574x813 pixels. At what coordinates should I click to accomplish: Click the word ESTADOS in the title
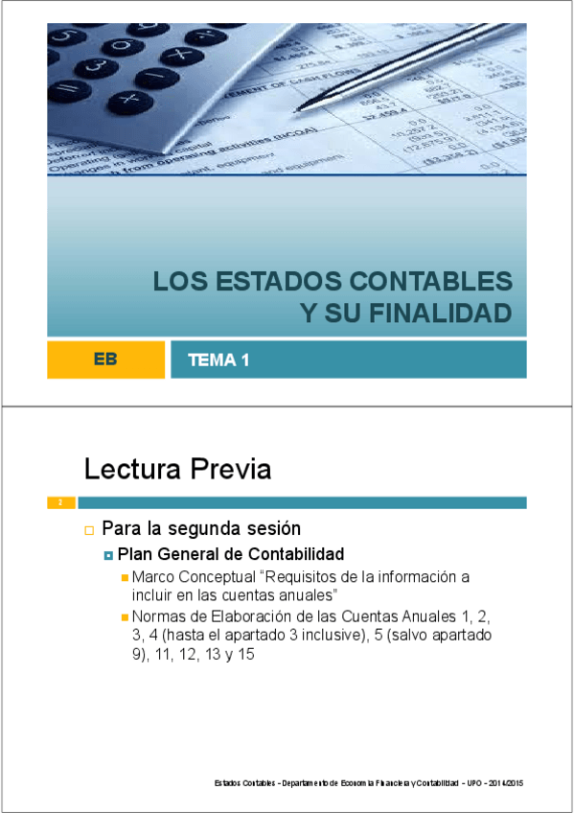point(281,282)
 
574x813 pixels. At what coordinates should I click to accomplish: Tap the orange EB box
point(105,360)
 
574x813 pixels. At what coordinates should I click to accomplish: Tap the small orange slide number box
point(60,502)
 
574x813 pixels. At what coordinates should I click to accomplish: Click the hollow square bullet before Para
point(89,529)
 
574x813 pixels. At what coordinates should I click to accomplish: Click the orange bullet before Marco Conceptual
point(125,577)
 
